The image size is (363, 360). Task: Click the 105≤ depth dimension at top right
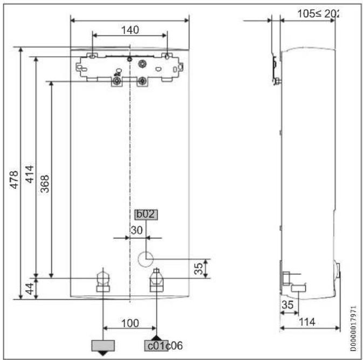(318, 13)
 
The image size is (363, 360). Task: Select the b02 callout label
(146, 214)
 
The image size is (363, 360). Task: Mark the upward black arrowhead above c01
(156, 337)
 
